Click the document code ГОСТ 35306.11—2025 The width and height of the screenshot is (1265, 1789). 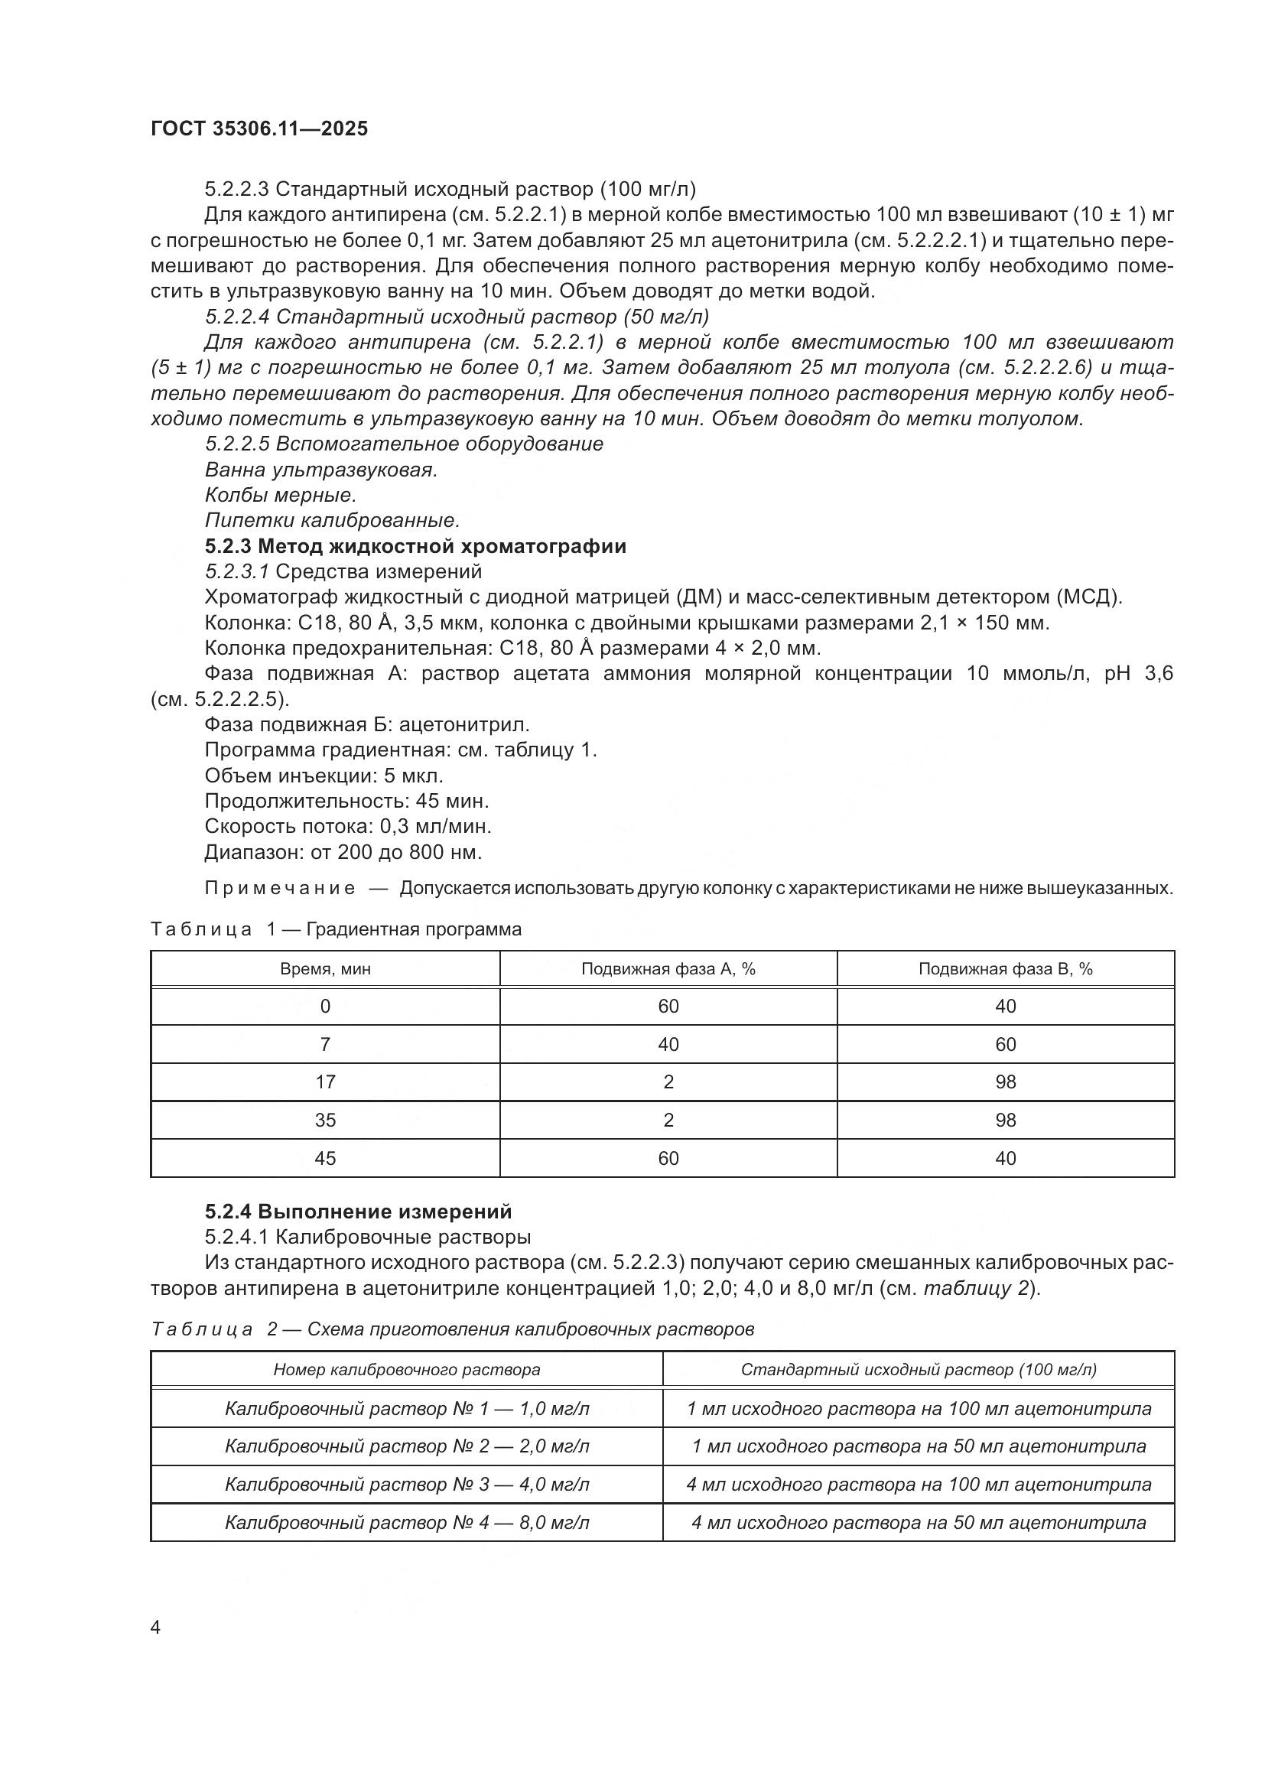pos(259,128)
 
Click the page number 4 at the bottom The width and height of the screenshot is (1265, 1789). pos(156,1628)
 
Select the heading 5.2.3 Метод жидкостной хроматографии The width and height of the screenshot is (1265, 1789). pos(415,546)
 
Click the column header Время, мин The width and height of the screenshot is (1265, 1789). pos(325,968)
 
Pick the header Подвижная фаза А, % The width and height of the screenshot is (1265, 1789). pos(668,968)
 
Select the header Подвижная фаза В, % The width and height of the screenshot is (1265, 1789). pos(1005,968)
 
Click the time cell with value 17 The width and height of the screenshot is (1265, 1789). pos(325,1082)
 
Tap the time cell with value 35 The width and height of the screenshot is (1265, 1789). pos(325,1120)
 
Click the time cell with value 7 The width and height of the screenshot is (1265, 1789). pos(325,1044)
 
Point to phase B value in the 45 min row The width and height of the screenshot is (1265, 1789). pos(1005,1158)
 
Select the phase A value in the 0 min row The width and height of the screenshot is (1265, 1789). pos(668,1006)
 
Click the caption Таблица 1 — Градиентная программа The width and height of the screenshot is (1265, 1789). pos(336,929)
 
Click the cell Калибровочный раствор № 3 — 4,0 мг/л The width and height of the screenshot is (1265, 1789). pos(407,1485)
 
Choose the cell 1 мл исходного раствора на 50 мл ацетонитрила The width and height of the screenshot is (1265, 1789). pos(919,1446)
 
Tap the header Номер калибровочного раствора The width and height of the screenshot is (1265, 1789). pos(407,1370)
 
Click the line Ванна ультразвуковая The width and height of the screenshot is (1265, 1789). pos(321,470)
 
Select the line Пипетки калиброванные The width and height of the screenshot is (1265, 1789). pos(332,519)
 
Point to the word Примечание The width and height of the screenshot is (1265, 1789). pos(280,888)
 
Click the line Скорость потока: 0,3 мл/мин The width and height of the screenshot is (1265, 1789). pos(347,826)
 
